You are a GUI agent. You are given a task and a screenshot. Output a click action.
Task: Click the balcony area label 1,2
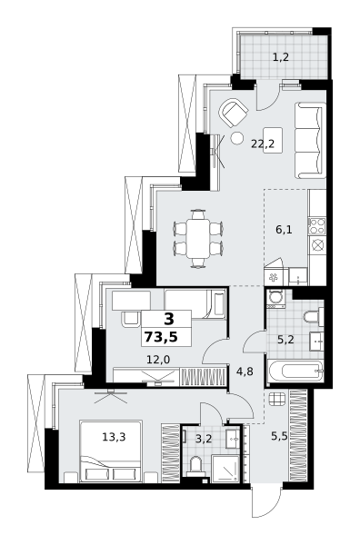tap(281, 57)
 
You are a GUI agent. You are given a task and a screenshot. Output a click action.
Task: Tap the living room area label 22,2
tap(263, 144)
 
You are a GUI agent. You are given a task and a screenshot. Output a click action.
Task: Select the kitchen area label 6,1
tap(285, 230)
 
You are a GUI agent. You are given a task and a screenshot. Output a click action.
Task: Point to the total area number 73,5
tap(161, 337)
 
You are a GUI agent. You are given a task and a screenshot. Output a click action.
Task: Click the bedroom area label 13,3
tap(114, 437)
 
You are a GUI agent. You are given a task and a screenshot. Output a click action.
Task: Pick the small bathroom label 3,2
tap(204, 439)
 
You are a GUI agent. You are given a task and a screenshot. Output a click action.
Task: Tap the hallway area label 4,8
tap(245, 372)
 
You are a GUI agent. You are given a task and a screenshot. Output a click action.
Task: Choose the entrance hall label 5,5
tap(280, 436)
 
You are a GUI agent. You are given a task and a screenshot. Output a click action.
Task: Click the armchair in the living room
tap(233, 113)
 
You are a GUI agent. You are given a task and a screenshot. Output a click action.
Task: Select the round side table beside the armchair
tap(238, 138)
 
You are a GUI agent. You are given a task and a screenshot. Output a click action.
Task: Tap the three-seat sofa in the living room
tap(310, 140)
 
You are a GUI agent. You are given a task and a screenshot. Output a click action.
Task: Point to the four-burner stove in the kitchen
tap(316, 225)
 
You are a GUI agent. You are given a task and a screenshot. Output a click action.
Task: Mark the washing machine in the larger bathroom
tap(275, 299)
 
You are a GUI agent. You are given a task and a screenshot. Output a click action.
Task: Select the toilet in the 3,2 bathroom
tap(196, 465)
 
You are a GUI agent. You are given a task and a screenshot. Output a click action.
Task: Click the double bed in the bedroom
tap(111, 451)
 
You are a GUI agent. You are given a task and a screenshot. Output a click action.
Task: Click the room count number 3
tap(169, 319)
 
